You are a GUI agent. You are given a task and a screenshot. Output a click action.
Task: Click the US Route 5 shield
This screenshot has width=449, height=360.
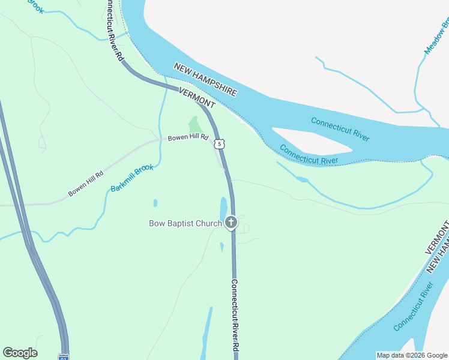(220, 143)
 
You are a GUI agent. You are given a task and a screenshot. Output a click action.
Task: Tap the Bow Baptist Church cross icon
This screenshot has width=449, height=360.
(231, 223)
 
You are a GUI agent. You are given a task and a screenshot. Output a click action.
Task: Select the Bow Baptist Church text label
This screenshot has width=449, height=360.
(185, 224)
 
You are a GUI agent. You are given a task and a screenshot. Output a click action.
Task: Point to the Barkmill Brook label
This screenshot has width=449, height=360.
(132, 179)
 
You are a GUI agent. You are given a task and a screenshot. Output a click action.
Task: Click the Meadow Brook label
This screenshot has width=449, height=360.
(437, 36)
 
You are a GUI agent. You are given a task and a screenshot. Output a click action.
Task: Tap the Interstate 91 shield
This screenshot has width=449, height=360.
(64, 357)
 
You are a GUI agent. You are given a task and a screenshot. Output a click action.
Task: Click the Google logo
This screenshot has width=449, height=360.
(20, 353)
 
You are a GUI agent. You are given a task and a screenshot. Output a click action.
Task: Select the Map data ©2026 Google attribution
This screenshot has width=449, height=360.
(412, 355)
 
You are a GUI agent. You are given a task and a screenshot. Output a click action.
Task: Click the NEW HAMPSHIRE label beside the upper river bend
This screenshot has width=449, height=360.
(205, 79)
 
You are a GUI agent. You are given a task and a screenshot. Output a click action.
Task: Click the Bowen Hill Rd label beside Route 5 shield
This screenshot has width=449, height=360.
(188, 138)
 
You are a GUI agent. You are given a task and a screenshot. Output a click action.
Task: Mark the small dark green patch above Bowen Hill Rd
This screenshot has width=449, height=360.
(194, 125)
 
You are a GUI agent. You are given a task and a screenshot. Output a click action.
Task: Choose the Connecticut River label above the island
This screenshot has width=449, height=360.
(340, 129)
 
